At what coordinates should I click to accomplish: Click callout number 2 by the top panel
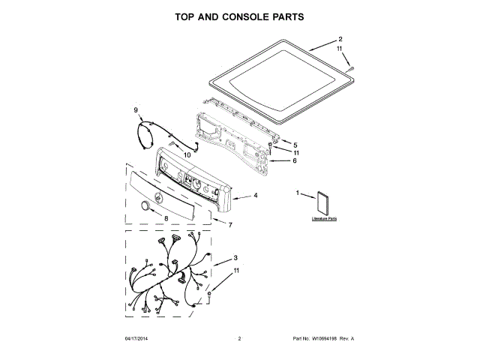340,39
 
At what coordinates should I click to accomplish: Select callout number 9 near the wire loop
136,110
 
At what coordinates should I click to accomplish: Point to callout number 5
295,145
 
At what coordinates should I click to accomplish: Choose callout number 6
295,160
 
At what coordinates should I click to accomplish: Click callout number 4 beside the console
256,196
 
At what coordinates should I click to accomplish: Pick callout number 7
230,224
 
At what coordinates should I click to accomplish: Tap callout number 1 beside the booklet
298,194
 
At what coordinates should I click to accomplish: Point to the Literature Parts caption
325,219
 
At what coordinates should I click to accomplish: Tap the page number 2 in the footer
238,340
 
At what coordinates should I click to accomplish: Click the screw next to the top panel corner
351,68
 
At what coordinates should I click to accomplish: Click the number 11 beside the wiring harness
236,270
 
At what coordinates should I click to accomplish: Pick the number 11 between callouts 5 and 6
295,152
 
